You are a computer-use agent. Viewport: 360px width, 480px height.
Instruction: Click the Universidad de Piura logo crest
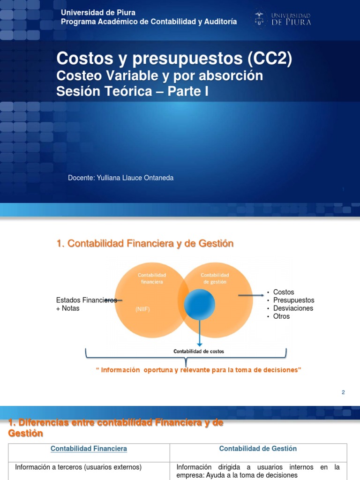pyautogui.click(x=258, y=18)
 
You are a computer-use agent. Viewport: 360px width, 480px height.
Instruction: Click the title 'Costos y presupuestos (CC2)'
pyautogui.click(x=174, y=59)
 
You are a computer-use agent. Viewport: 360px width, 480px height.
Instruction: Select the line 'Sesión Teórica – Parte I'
pyautogui.click(x=132, y=91)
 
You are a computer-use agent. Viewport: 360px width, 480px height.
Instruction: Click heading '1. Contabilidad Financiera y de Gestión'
pyautogui.click(x=144, y=243)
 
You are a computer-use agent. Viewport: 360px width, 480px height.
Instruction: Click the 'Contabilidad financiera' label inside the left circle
pyautogui.click(x=151, y=278)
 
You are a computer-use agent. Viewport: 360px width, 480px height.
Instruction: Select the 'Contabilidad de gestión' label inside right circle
pyautogui.click(x=215, y=278)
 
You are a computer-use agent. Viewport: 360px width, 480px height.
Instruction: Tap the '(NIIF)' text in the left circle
pyautogui.click(x=142, y=309)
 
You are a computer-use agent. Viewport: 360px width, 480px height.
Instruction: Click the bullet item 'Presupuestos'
pyautogui.click(x=293, y=300)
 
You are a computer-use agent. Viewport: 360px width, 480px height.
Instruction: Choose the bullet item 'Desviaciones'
pyautogui.click(x=293, y=308)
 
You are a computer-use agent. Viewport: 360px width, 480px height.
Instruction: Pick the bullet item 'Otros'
pyautogui.click(x=281, y=316)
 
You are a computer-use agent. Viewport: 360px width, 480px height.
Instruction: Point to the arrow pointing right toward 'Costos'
pyautogui.click(x=251, y=295)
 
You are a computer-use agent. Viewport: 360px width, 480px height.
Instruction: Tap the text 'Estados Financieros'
pyautogui.click(x=86, y=300)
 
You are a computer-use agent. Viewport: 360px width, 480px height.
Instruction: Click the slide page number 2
pyautogui.click(x=343, y=392)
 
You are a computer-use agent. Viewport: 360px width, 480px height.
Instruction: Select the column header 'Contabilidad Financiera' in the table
pyautogui.click(x=89, y=449)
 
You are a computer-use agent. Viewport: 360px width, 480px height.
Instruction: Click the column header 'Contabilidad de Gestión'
pyautogui.click(x=258, y=449)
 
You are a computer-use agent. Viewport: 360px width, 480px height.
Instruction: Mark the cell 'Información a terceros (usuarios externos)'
pyautogui.click(x=78, y=467)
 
